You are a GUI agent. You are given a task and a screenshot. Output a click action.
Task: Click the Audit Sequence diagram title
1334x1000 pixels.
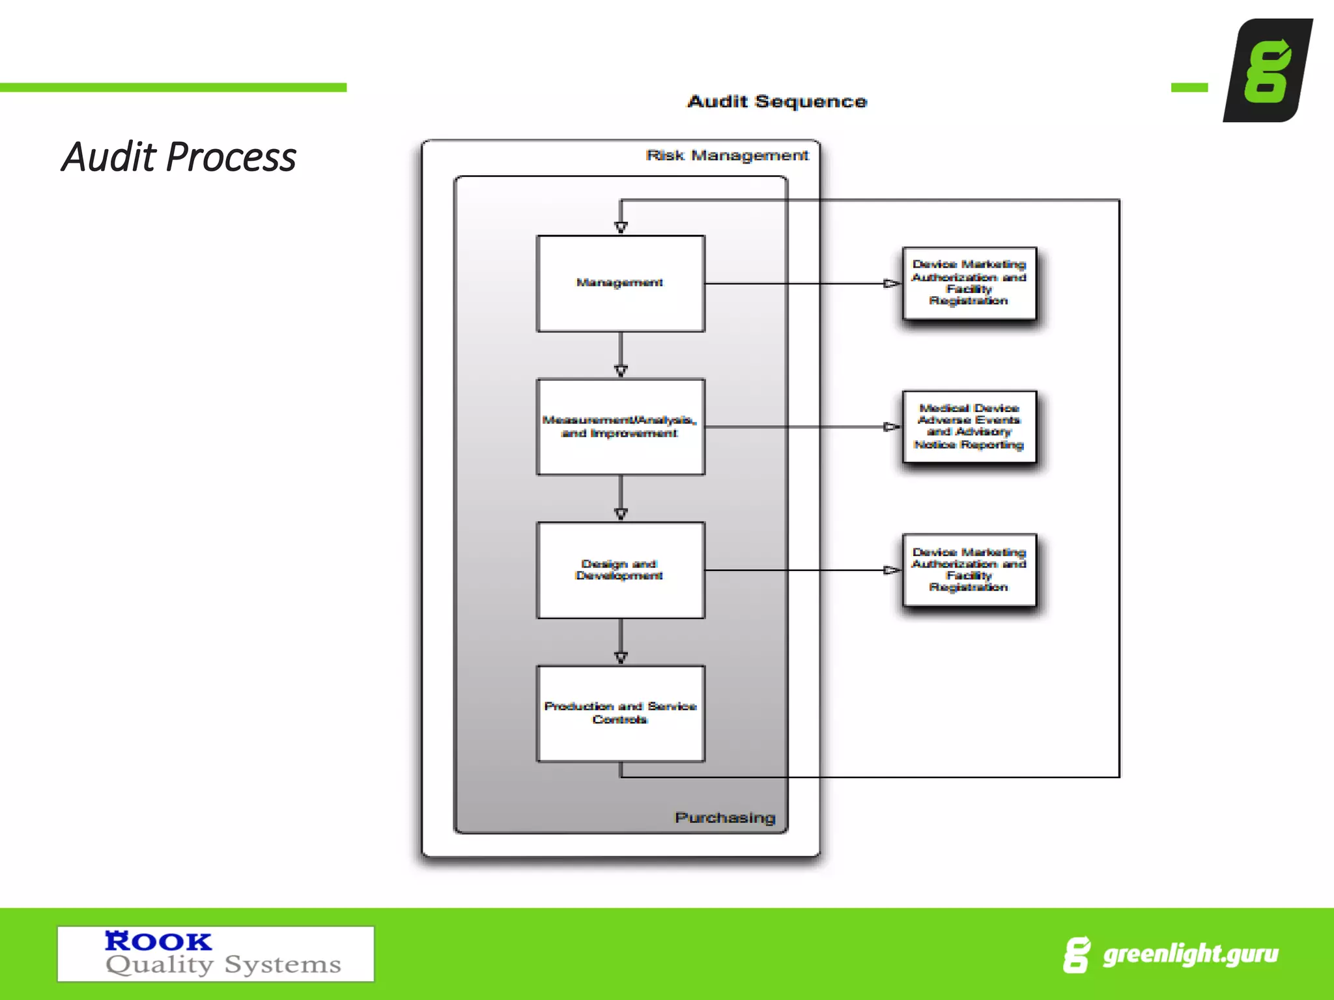[777, 102]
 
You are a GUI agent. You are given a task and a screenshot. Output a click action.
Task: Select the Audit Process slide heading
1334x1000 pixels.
[179, 158]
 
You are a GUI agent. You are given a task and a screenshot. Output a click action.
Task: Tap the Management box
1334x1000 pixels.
[620, 283]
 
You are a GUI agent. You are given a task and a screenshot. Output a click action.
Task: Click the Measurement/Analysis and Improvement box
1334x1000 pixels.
[620, 426]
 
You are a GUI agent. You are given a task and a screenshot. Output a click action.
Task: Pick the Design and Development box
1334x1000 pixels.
[620, 570]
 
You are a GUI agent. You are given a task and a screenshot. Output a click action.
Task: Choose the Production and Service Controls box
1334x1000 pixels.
[620, 713]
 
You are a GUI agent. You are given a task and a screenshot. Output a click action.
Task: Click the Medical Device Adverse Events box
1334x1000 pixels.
[969, 426]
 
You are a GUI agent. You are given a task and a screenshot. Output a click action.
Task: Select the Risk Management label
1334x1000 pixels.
[727, 156]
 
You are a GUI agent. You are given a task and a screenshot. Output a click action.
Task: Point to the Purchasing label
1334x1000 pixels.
[725, 818]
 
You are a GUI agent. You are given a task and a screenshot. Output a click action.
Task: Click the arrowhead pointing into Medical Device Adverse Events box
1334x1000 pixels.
[891, 427]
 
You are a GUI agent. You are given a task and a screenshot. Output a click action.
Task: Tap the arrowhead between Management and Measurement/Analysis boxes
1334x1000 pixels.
[621, 370]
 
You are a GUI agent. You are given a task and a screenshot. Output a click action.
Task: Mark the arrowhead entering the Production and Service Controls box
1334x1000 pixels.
[621, 657]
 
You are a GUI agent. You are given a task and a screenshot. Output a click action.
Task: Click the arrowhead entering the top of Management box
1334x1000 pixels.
[621, 227]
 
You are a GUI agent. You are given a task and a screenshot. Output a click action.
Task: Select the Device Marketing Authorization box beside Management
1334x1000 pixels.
[969, 283]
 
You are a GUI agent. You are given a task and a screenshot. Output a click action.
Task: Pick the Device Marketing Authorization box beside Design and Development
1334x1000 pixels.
[969, 570]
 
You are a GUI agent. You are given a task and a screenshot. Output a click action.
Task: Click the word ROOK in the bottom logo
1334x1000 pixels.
[158, 941]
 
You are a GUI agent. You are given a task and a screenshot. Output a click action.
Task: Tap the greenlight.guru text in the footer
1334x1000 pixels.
[1191, 954]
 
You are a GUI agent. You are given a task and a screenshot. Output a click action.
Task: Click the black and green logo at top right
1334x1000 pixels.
[1267, 70]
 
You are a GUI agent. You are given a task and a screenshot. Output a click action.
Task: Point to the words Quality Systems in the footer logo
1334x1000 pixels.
[223, 965]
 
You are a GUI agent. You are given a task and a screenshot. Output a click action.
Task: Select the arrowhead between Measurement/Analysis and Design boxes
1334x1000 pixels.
[621, 514]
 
